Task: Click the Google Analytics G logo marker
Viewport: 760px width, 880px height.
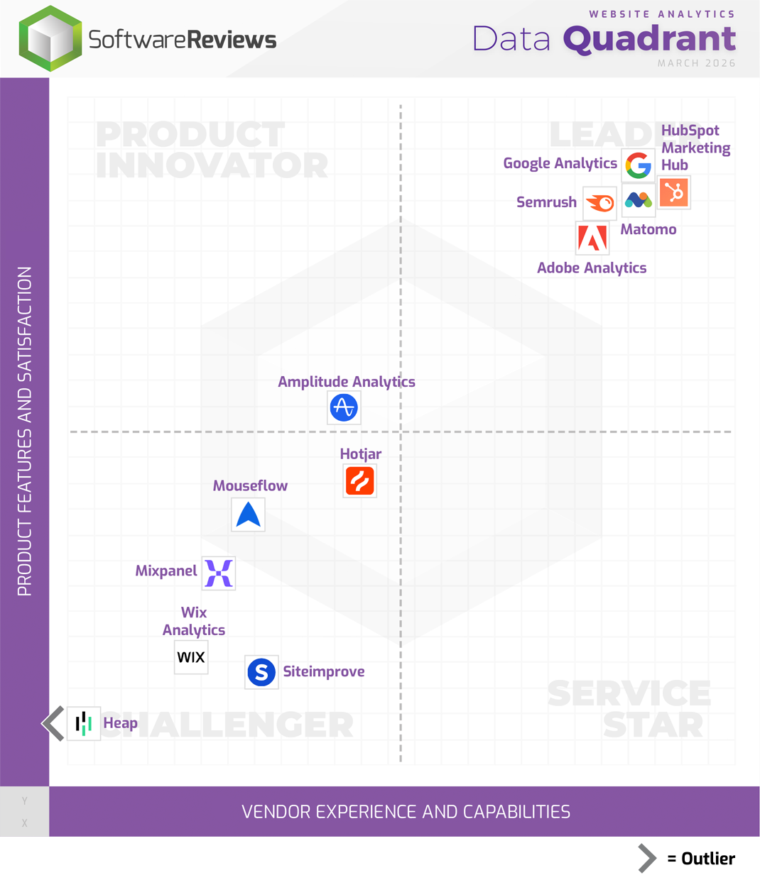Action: (x=638, y=165)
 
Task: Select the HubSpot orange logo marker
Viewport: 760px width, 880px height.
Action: (x=673, y=192)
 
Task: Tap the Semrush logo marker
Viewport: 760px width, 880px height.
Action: (x=599, y=204)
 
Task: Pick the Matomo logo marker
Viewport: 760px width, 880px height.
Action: (x=638, y=200)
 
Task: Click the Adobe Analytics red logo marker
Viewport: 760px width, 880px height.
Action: (x=592, y=238)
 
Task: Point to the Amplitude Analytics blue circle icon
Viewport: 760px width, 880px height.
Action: (x=344, y=407)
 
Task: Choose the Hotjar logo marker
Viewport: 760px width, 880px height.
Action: (x=360, y=480)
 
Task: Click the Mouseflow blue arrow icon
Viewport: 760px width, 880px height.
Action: (x=249, y=515)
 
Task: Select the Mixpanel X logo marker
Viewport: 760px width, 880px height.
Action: (x=219, y=573)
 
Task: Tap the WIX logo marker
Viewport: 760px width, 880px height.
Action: (x=191, y=657)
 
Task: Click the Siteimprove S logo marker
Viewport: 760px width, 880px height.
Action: (x=261, y=671)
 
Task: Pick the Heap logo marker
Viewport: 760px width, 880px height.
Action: (x=84, y=723)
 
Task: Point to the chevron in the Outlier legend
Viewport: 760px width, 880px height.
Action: (x=646, y=858)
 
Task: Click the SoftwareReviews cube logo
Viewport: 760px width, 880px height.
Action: (x=50, y=38)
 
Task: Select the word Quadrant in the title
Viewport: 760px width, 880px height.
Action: (x=649, y=38)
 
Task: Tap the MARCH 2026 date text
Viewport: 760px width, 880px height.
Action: (x=696, y=63)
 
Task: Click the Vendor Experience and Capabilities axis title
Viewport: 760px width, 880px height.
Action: (x=406, y=811)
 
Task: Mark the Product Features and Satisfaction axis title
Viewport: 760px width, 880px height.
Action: (x=25, y=431)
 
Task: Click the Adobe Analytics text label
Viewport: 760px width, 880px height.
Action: (x=592, y=268)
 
